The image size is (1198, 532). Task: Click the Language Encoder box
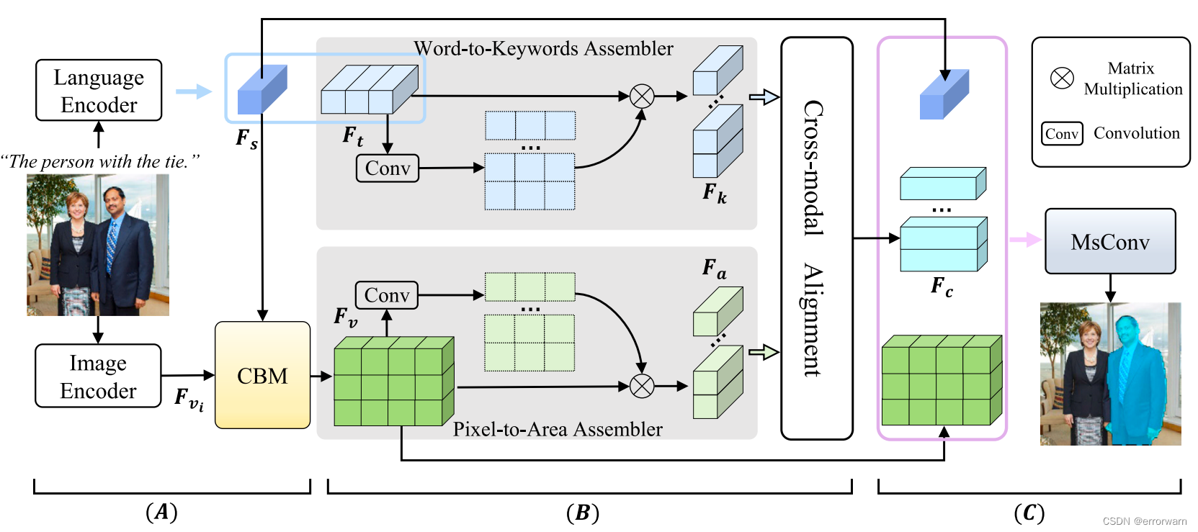tap(99, 91)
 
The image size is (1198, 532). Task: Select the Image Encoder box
tap(98, 376)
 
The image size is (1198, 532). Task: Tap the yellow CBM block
tap(262, 375)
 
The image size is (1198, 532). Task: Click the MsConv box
tap(1109, 242)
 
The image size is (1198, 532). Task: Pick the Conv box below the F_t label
tap(387, 168)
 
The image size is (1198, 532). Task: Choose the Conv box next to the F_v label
tap(386, 295)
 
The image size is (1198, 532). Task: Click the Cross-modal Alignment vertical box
tap(816, 238)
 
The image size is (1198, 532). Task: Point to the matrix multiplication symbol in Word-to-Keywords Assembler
tap(642, 96)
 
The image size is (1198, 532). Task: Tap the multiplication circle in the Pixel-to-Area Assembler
tap(642, 386)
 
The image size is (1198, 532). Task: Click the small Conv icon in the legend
tap(1062, 134)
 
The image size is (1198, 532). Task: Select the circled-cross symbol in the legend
tap(1062, 78)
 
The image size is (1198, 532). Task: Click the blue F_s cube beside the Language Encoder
tap(262, 89)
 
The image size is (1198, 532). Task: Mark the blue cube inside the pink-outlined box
tap(944, 94)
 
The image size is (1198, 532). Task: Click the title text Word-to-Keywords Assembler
tap(543, 48)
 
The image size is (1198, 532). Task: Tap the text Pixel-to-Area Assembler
tap(557, 429)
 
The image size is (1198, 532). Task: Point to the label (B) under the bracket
tap(582, 513)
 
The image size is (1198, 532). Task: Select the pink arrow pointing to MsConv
tap(1024, 240)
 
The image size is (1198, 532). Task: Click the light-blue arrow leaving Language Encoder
tap(193, 91)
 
